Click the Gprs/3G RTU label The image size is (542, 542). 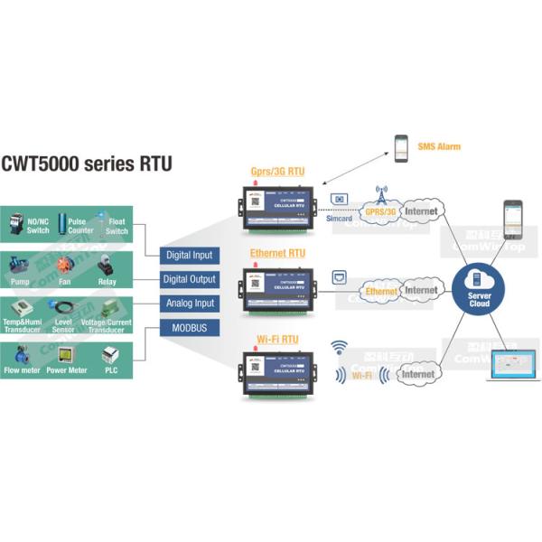(277, 171)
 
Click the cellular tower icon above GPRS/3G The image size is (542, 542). (380, 195)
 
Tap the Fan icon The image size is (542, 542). (64, 266)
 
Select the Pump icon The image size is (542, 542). (20, 266)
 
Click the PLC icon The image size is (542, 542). (111, 355)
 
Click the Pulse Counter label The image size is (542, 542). (80, 225)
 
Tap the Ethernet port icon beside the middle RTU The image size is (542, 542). (340, 276)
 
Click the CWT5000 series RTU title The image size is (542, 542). (87, 164)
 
